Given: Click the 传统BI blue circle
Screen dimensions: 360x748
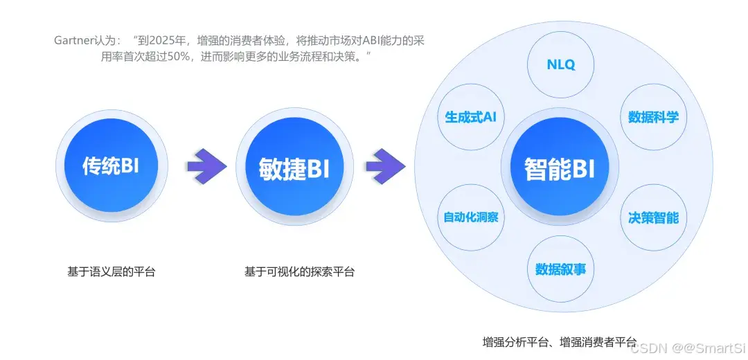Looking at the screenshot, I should tap(111, 166).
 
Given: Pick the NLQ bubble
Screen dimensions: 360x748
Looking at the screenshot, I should tap(560, 64).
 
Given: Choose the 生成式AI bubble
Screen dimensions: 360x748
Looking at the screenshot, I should tap(470, 117).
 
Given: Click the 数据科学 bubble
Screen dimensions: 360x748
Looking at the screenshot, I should tap(653, 117).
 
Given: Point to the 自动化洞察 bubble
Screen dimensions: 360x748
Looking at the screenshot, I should tap(470, 217).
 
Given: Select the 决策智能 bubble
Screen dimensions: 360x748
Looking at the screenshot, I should tap(653, 217).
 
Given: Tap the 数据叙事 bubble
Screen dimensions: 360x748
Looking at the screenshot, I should tap(560, 269).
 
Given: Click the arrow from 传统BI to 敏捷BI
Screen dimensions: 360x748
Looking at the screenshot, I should tap(206, 167).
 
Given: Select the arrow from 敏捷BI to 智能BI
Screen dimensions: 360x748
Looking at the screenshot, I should tap(385, 167).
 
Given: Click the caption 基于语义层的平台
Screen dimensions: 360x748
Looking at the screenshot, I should tap(111, 272).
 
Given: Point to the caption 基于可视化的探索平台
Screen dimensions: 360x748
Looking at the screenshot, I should tap(299, 272).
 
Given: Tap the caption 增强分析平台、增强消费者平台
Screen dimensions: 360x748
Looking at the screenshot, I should tap(559, 342).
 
